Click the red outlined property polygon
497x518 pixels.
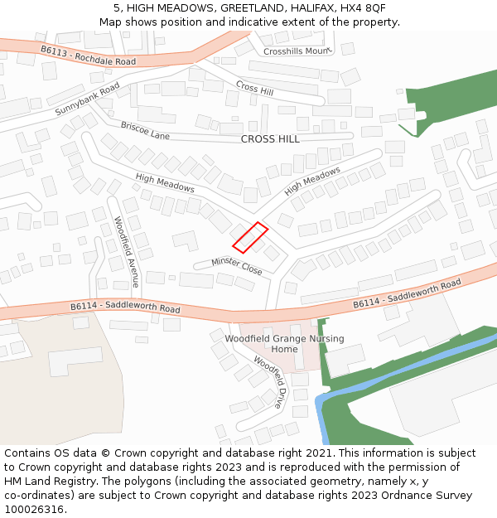(250, 237)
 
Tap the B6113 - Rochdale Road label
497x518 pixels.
(89, 56)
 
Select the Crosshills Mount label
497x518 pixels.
(297, 51)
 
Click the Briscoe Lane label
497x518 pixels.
(145, 130)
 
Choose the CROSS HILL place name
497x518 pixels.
(270, 139)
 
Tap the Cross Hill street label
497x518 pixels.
(254, 88)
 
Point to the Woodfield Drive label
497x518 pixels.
(268, 382)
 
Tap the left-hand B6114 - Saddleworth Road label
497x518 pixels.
(125, 307)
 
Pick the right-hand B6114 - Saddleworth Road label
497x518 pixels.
(407, 294)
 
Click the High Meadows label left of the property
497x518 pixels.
(165, 182)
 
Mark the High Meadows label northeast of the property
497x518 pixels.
(312, 181)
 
